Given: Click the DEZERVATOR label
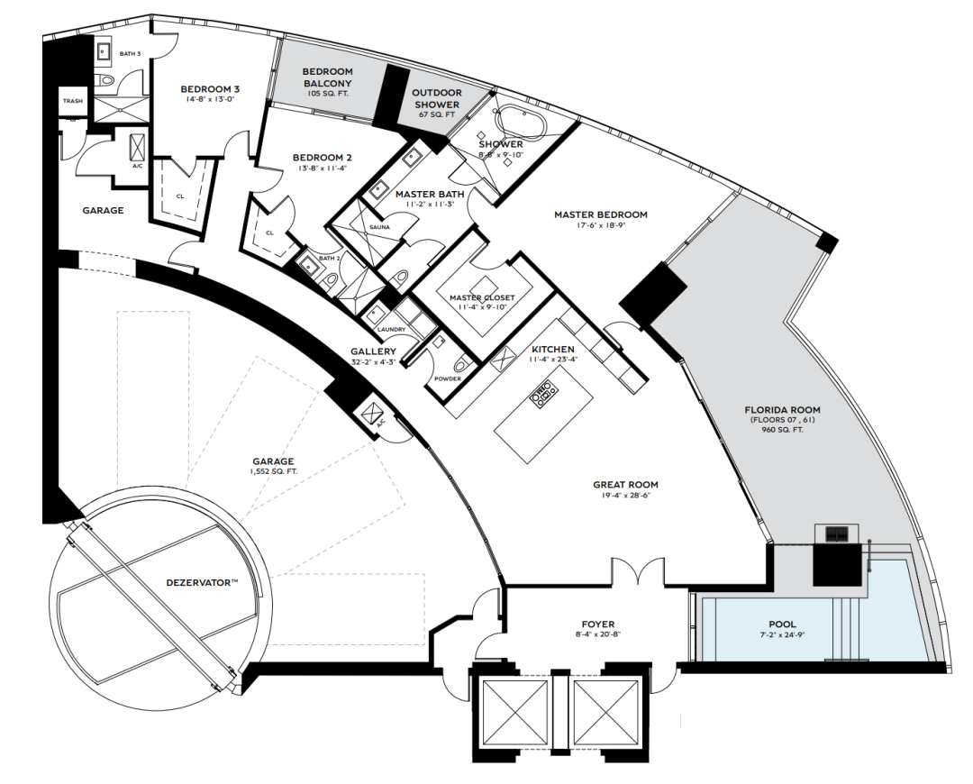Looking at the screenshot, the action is tap(203, 583).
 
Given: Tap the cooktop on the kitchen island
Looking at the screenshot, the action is tap(543, 393).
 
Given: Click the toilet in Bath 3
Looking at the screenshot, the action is tap(106, 80).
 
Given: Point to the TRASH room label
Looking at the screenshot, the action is tap(73, 101).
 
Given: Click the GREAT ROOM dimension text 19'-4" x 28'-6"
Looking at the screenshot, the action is tap(625, 496).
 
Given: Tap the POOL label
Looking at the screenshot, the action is tap(782, 624).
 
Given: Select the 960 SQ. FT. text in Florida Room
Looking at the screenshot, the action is tap(783, 429).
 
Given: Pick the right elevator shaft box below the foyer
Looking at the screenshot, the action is tap(606, 711).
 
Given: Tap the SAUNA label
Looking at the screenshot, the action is tap(379, 227).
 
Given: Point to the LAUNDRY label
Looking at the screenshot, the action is tap(391, 329).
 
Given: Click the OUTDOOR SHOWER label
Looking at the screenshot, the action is tap(437, 99).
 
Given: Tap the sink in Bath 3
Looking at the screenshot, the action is tap(103, 52).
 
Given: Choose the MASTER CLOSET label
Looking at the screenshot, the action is tap(482, 298).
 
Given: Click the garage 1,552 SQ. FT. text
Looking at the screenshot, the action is tap(273, 471).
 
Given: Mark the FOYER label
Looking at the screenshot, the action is tap(598, 624).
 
